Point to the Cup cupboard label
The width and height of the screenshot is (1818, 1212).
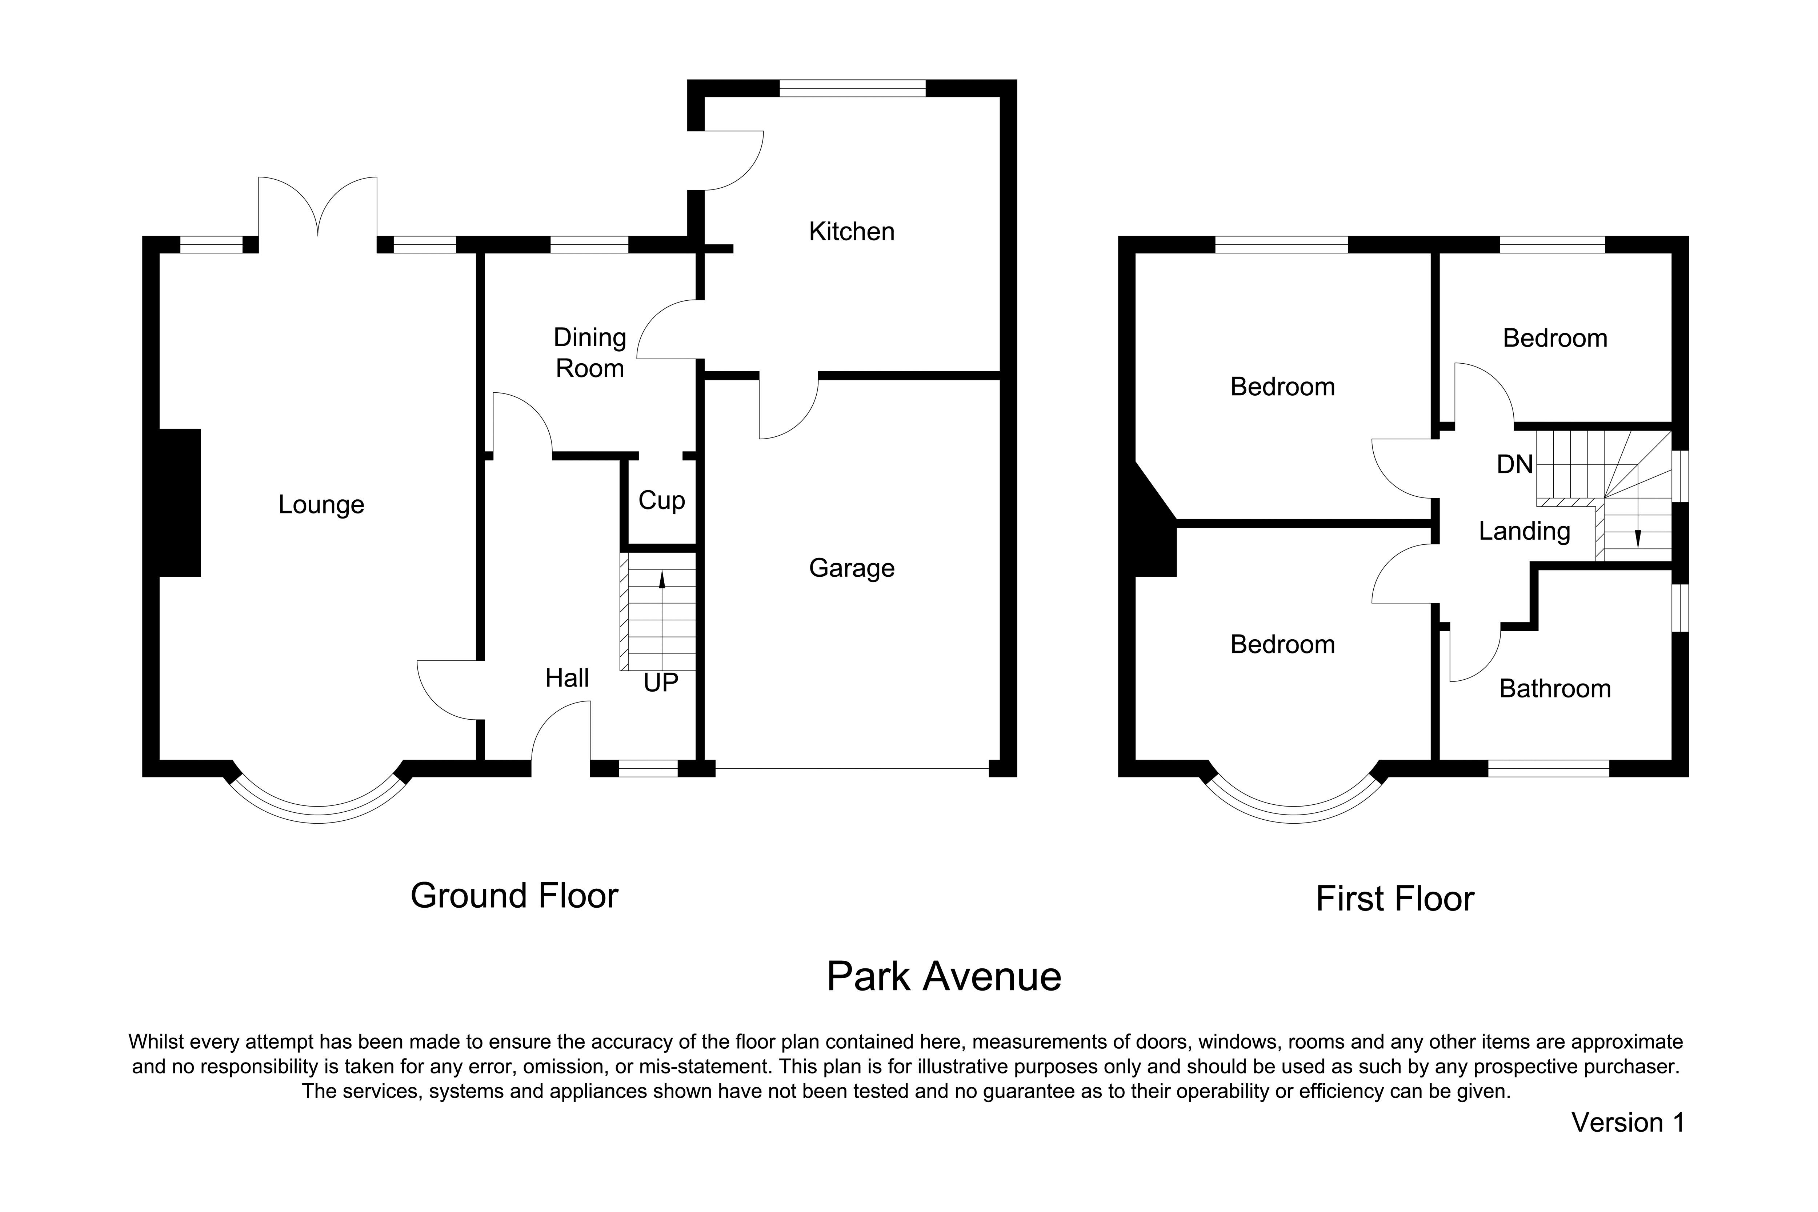(x=662, y=501)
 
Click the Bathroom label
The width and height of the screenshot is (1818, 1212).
(x=1555, y=689)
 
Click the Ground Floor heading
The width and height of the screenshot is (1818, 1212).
(x=514, y=896)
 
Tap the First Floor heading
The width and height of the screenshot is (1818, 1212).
(x=1395, y=899)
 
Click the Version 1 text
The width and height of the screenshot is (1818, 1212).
(x=1628, y=1122)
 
